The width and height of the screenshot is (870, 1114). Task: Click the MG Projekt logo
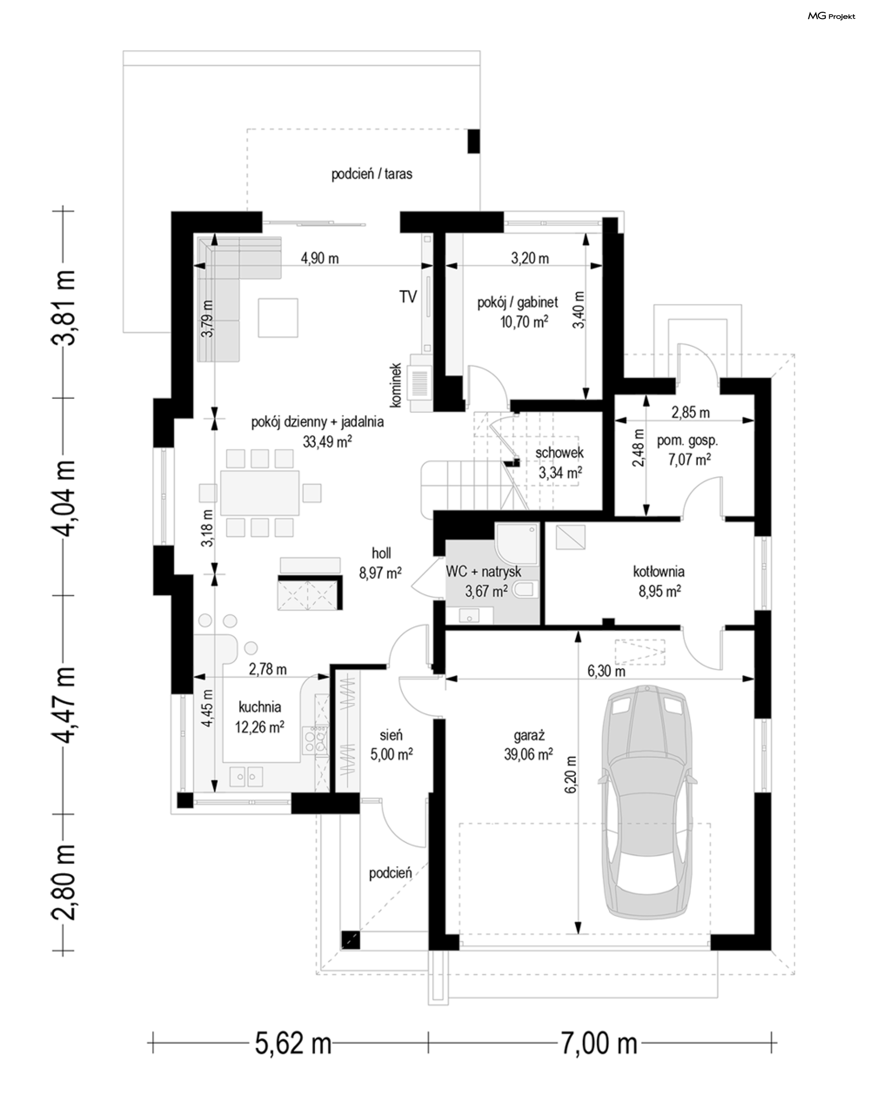831,16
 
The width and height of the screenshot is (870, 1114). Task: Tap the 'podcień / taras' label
372,174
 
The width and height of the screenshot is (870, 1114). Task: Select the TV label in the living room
408,296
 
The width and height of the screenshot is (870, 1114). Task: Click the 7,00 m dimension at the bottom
599,1043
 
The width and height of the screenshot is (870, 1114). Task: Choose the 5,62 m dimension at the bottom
293,1043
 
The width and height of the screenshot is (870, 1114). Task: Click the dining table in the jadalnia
260,493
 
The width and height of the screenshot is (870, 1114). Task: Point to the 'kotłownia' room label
659,572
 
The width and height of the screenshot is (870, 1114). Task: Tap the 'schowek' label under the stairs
560,452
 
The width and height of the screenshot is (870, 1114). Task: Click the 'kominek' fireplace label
396,385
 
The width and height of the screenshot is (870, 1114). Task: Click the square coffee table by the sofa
278,318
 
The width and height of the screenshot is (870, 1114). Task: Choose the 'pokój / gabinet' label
518,302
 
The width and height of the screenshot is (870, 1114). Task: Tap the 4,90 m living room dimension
319,258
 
